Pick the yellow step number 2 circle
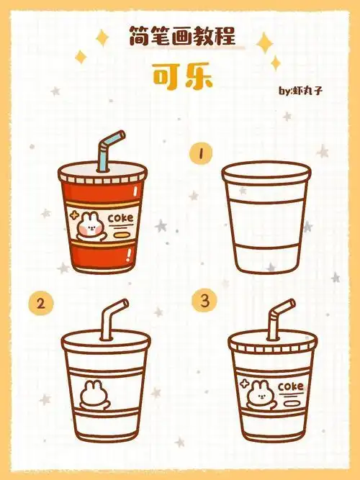pos(40,303)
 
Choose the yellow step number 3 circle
pos(206,303)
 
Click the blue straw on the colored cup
pos(109,148)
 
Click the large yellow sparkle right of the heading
pos(266,42)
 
